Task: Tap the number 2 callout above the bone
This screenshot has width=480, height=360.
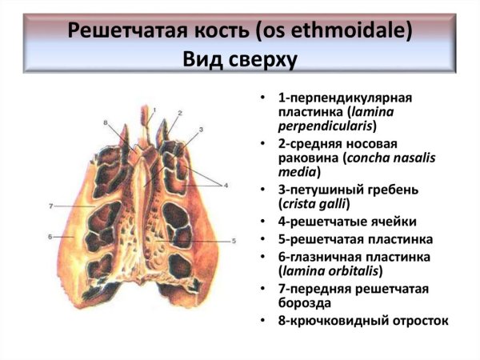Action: [180, 113]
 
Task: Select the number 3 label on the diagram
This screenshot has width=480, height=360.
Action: [201, 129]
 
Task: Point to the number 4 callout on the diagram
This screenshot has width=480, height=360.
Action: [226, 186]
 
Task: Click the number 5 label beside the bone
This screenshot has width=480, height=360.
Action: [233, 240]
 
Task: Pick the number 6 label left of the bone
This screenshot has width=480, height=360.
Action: [50, 237]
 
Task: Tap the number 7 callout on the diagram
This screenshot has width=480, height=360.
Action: [50, 206]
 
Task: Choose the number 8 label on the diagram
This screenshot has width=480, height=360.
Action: [105, 122]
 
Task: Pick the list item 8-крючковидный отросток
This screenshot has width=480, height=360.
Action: [363, 320]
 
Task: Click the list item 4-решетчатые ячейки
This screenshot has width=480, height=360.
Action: [337, 221]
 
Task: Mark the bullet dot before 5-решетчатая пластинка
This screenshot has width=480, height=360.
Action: [262, 239]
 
